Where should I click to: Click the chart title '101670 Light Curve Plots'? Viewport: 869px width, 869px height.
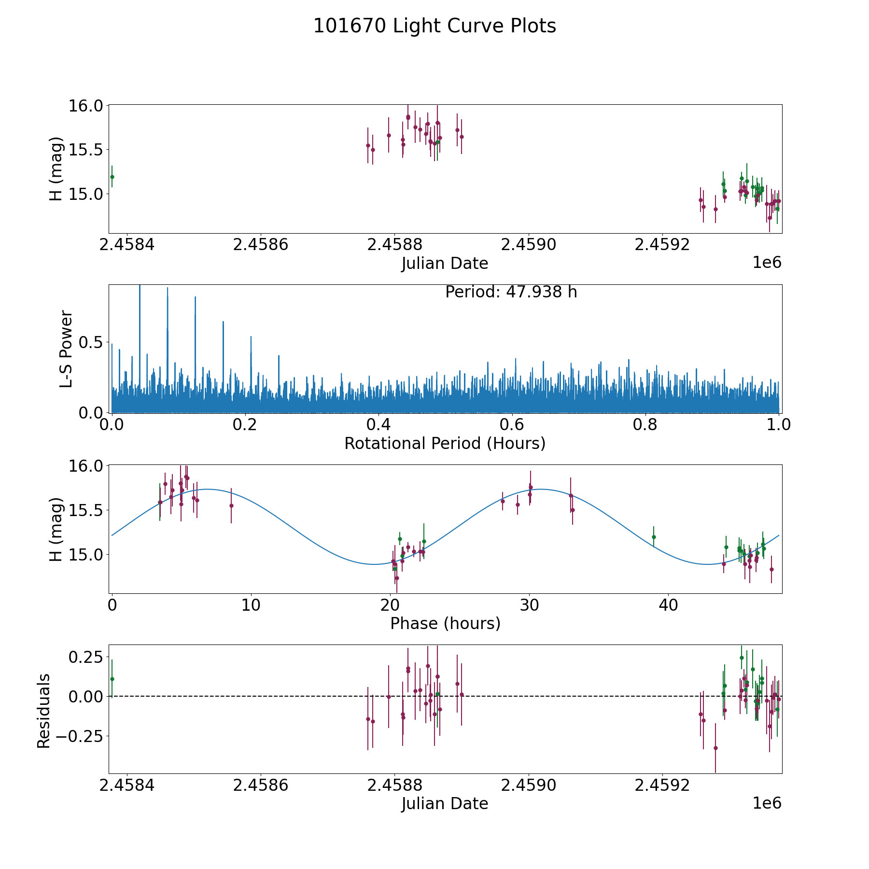tap(434, 26)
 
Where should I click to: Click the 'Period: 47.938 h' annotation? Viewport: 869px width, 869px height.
tap(511, 292)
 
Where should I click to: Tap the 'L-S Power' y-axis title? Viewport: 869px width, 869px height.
tap(66, 349)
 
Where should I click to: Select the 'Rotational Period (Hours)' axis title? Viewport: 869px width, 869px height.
tap(445, 443)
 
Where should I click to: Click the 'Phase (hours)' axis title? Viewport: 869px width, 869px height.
tap(445, 623)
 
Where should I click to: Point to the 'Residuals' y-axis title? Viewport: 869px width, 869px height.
tap(44, 711)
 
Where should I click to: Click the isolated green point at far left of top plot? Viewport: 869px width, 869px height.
tap(112, 177)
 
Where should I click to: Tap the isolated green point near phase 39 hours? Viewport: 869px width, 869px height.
tap(654, 537)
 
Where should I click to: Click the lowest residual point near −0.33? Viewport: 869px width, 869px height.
tap(715, 748)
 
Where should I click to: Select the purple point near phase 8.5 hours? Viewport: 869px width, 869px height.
tap(231, 505)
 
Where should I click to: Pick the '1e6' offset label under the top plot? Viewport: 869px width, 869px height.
tap(767, 263)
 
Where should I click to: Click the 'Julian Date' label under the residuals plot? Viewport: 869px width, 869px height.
tap(445, 803)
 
